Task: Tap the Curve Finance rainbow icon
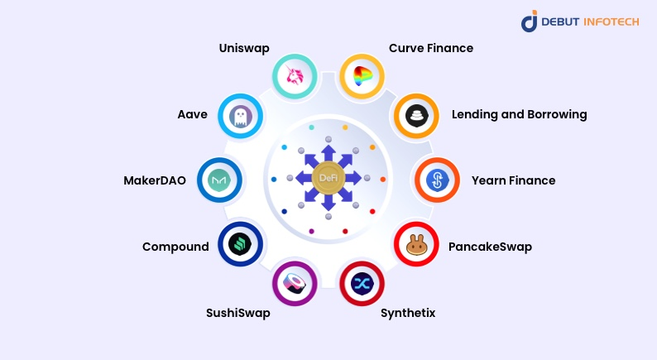[x=363, y=77]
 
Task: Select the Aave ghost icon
[x=241, y=116]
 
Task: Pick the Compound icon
[x=240, y=244]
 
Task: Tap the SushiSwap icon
[x=295, y=284]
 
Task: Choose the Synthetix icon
[x=362, y=284]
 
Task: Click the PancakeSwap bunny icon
[x=416, y=244]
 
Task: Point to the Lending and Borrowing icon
[x=416, y=115]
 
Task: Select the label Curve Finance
[x=431, y=48]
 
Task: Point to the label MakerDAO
[x=155, y=180]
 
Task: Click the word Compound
[x=175, y=247]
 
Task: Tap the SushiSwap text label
[x=238, y=313]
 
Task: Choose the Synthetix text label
[x=408, y=313]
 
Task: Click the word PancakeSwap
[x=490, y=247]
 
